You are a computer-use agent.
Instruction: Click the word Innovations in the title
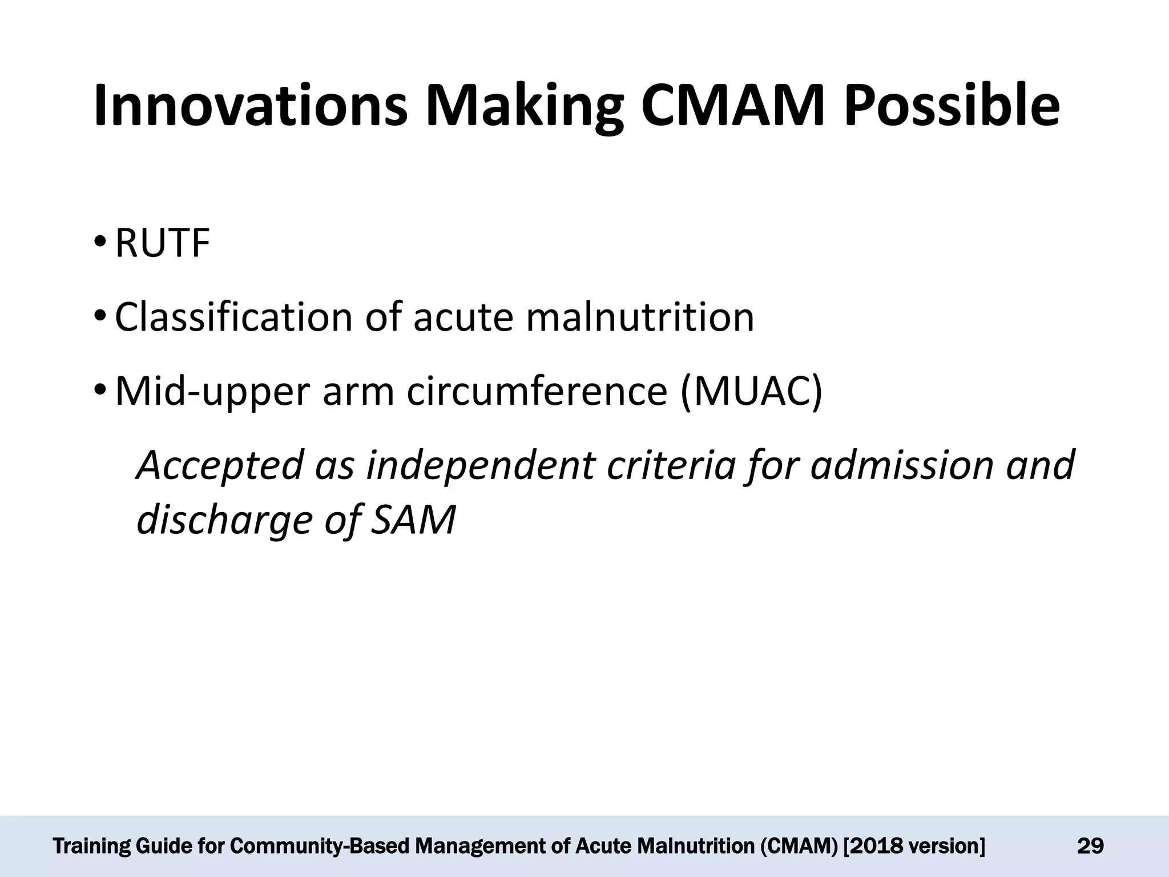[251, 106]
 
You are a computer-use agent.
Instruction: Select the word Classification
[233, 317]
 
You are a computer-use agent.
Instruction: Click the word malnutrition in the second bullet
[640, 317]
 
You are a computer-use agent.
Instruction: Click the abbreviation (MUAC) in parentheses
[751, 392]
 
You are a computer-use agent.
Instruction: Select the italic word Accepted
[220, 465]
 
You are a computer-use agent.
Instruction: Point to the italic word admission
[902, 465]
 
